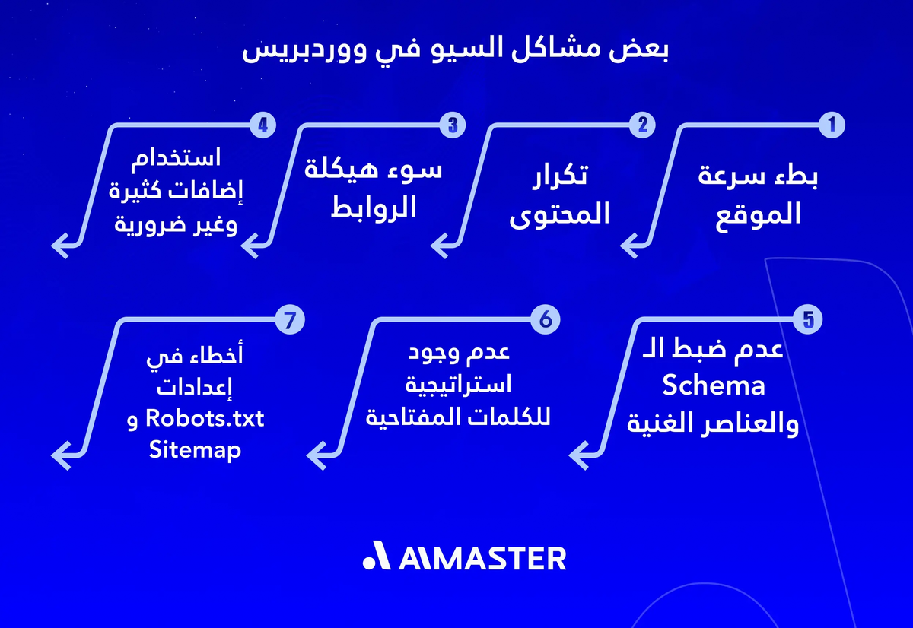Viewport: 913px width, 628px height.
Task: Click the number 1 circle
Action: pos(832,125)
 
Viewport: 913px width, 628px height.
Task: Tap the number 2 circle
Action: pos(643,125)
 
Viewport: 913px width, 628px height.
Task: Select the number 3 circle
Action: pos(453,125)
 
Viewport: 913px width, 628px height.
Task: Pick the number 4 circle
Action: pos(262,125)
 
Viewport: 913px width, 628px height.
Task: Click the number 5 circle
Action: pos(808,319)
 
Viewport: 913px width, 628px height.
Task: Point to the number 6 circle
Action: pos(546,319)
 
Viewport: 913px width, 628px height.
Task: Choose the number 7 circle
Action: pos(290,319)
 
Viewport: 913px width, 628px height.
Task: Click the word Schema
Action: pos(713,386)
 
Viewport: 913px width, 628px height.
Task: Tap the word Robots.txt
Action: pos(205,418)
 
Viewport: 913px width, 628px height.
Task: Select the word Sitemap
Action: pos(195,450)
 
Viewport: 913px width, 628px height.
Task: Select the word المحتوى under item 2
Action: pos(560,215)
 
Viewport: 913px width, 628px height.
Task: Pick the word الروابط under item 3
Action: pos(374,208)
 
